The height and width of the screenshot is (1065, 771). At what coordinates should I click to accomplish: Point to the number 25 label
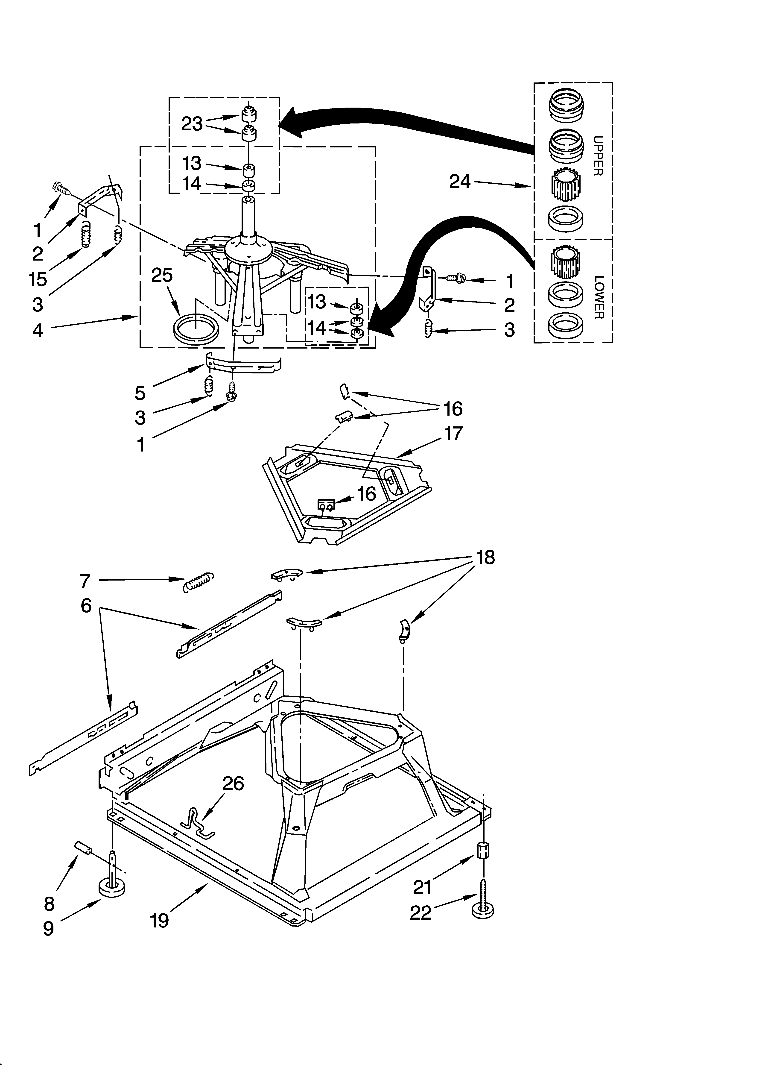[162, 275]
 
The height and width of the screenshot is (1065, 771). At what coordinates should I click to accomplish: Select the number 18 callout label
[485, 557]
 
